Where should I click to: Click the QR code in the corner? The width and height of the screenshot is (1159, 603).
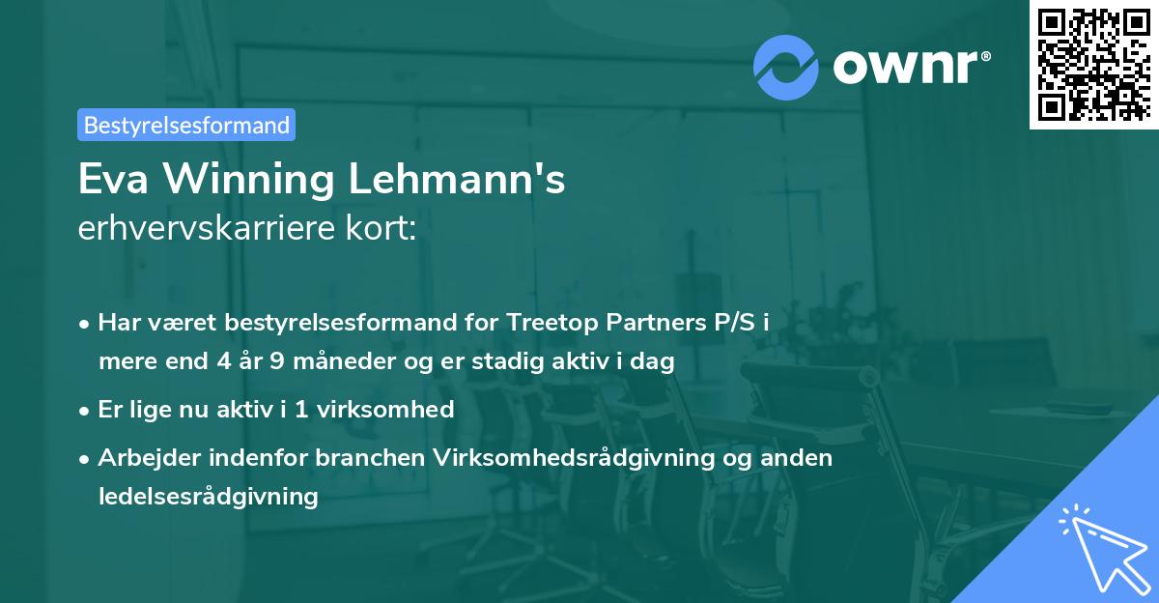point(1094,64)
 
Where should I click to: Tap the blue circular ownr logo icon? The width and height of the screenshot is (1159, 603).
point(786,68)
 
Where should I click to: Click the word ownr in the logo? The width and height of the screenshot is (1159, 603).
point(911,67)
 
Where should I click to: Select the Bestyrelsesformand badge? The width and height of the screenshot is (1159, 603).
point(186,125)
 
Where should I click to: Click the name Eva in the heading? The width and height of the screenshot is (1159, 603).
point(112,181)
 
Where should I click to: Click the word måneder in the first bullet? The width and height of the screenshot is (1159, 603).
point(368,362)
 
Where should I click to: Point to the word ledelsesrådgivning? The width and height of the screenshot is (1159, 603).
point(208,497)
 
